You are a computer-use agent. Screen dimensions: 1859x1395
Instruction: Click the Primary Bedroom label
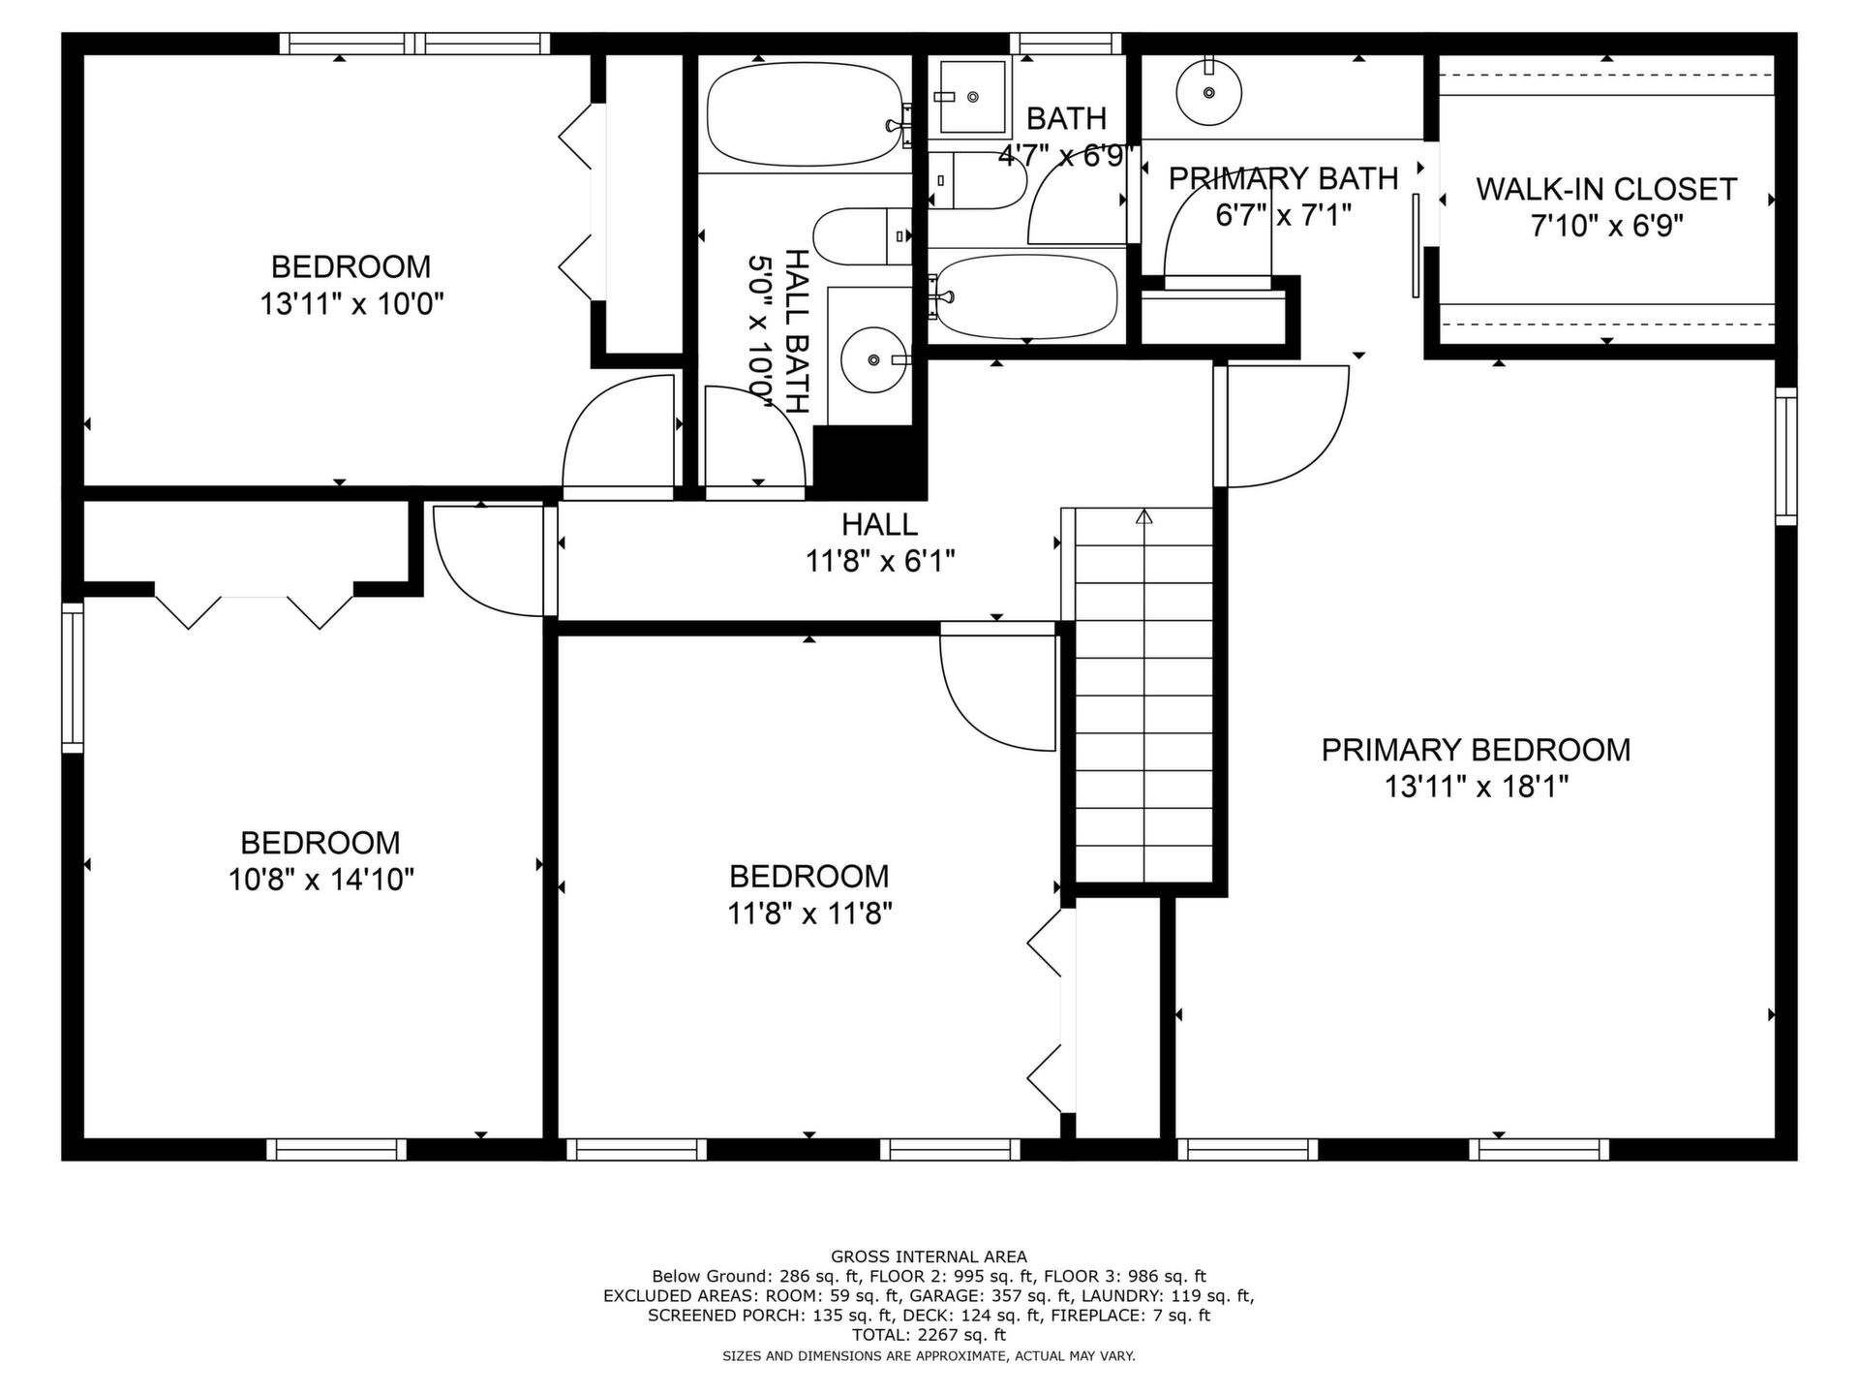[x=1476, y=750]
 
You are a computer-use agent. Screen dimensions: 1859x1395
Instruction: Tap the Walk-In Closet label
[x=1606, y=189]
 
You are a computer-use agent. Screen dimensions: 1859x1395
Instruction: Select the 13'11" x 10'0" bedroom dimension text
[x=351, y=304]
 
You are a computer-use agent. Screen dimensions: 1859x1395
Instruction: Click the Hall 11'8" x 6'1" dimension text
[x=880, y=561]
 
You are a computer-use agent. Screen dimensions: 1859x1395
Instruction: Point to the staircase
[x=1144, y=695]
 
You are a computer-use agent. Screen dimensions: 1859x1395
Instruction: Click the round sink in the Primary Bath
[x=1209, y=92]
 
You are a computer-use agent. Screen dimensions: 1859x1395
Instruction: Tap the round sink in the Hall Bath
[x=874, y=360]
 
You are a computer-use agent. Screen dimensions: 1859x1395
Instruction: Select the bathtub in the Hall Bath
[x=808, y=114]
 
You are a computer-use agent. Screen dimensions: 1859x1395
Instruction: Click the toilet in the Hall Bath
[x=862, y=236]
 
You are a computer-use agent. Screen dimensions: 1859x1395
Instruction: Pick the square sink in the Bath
[x=972, y=97]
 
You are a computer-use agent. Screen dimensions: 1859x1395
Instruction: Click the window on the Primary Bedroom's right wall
[x=1786, y=456]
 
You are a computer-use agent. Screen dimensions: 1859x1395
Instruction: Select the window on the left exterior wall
[x=73, y=677]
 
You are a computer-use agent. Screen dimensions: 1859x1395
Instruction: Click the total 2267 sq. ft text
[x=929, y=1335]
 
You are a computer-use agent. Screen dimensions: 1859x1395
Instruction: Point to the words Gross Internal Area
[x=929, y=1257]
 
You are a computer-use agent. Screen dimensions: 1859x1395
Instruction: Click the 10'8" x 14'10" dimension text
[x=321, y=880]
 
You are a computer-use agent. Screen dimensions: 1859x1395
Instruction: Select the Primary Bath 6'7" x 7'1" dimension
[x=1283, y=215]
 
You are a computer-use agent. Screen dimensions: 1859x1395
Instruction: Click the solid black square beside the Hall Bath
[x=870, y=463]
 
